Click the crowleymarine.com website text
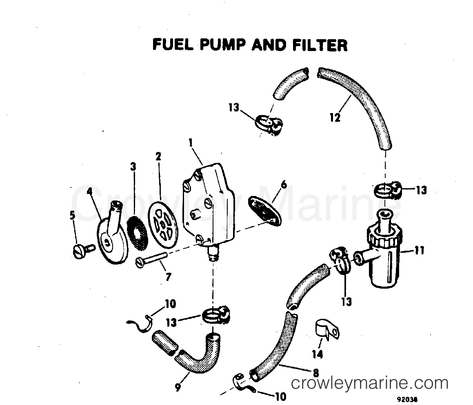pos(370,383)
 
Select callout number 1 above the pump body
pos(190,143)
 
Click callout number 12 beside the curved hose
pos(335,118)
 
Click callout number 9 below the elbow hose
pos(178,387)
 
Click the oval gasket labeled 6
pos(266,210)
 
